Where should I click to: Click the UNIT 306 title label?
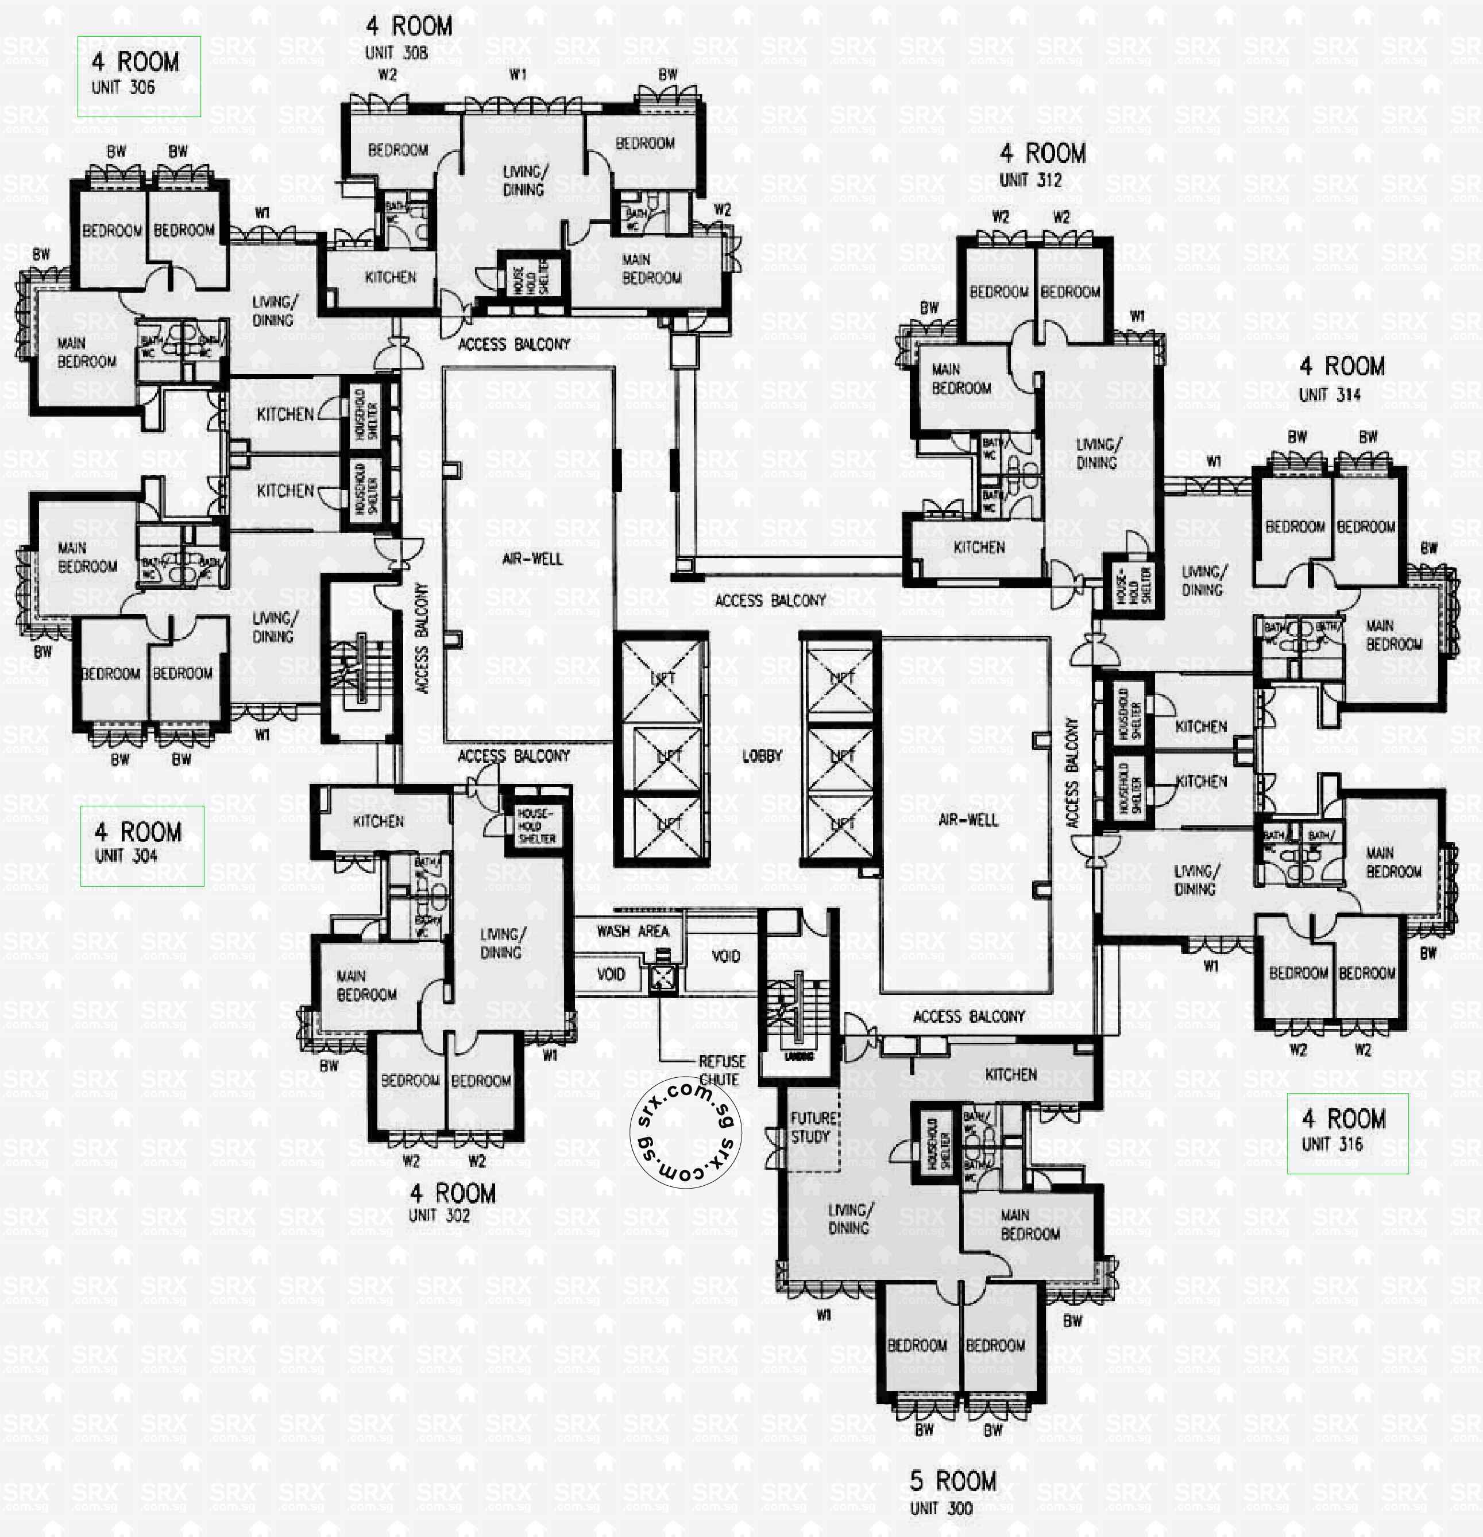(138, 75)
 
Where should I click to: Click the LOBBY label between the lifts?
(762, 756)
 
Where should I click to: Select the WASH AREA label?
(632, 931)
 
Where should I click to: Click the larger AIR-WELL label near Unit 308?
(532, 559)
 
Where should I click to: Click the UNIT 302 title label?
(451, 1203)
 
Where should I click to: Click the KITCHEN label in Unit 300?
(1011, 1074)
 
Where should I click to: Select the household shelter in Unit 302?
(536, 826)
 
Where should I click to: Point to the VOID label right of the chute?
(725, 956)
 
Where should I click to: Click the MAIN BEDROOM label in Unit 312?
(960, 378)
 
